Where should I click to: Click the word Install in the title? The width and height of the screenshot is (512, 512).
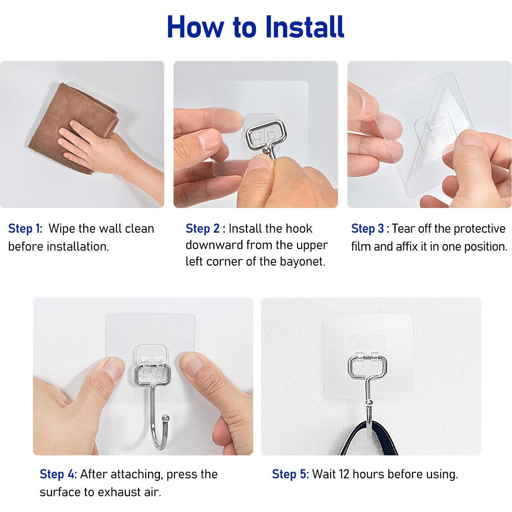tap(305, 27)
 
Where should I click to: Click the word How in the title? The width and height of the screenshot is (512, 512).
tap(195, 27)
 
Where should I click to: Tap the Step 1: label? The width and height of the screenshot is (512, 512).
tap(25, 229)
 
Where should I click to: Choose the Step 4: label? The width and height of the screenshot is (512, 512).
tap(58, 474)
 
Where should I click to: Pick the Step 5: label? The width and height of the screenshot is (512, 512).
tap(290, 474)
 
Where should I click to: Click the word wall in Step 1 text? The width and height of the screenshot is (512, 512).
tap(108, 229)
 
